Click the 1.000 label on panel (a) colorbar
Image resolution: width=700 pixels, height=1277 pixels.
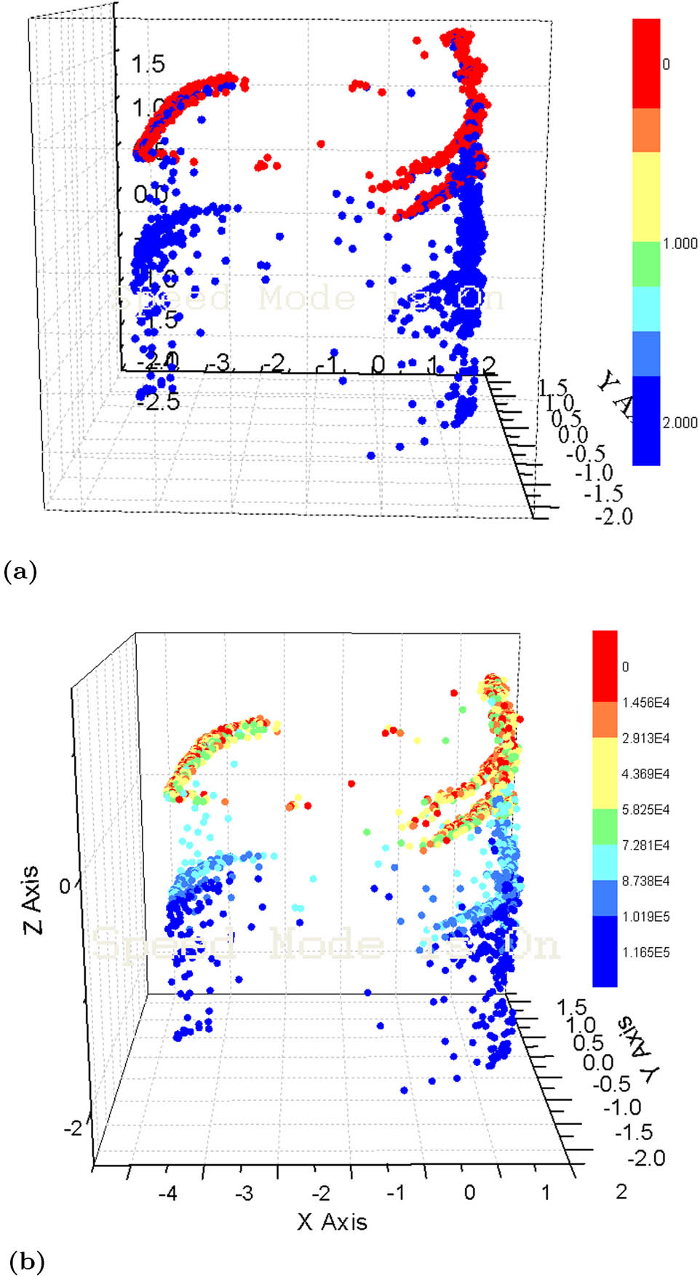(680, 244)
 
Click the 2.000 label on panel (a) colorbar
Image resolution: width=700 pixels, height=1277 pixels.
(680, 423)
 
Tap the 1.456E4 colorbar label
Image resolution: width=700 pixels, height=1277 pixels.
(645, 703)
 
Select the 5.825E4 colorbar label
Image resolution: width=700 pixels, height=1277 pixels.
(645, 810)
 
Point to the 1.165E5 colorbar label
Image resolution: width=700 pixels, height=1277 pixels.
(645, 952)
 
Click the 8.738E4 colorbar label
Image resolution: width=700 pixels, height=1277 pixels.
(645, 881)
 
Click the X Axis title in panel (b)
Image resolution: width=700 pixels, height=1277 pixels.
(332, 1222)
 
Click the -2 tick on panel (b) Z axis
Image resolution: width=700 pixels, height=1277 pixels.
(73, 1128)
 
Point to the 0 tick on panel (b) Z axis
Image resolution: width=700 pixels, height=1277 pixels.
(65, 886)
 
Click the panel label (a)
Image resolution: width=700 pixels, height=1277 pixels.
(20, 571)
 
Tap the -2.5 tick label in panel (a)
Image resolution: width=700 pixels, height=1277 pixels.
(158, 400)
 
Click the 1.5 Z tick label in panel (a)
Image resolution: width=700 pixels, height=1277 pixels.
(148, 64)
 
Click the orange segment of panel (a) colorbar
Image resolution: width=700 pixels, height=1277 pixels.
(646, 130)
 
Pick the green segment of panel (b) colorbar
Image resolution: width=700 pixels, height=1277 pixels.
(605, 826)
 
